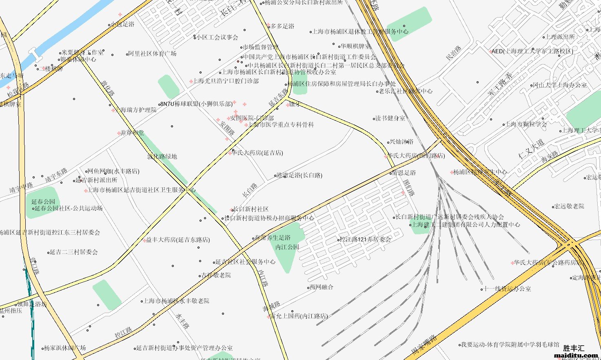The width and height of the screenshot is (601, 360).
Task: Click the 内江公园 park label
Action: click(x=287, y=247)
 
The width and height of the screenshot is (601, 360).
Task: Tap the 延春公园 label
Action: click(x=43, y=202)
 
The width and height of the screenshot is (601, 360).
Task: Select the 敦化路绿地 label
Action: click(x=162, y=156)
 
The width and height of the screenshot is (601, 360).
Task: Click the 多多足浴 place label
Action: click(x=282, y=26)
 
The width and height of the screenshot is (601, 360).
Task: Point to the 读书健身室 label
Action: click(x=390, y=118)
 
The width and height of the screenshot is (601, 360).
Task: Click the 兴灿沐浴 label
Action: click(x=401, y=142)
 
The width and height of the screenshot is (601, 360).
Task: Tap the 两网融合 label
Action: click(x=322, y=287)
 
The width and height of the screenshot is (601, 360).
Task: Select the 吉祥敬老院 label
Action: click(x=216, y=275)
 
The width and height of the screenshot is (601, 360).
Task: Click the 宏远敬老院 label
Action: click(x=569, y=206)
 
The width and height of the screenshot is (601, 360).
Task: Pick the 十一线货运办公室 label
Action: click(x=508, y=289)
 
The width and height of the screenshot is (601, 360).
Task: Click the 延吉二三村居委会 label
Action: click(x=73, y=252)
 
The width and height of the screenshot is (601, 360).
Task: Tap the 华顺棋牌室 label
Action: click(x=356, y=47)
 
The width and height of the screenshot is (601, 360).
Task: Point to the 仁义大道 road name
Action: click(x=531, y=149)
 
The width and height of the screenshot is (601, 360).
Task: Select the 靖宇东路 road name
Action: click(x=56, y=175)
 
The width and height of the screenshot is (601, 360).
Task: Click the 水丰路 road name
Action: click(x=182, y=321)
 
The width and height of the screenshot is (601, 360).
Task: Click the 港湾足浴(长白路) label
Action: click(x=299, y=176)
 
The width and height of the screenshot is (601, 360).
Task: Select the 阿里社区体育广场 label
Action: click(x=152, y=53)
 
